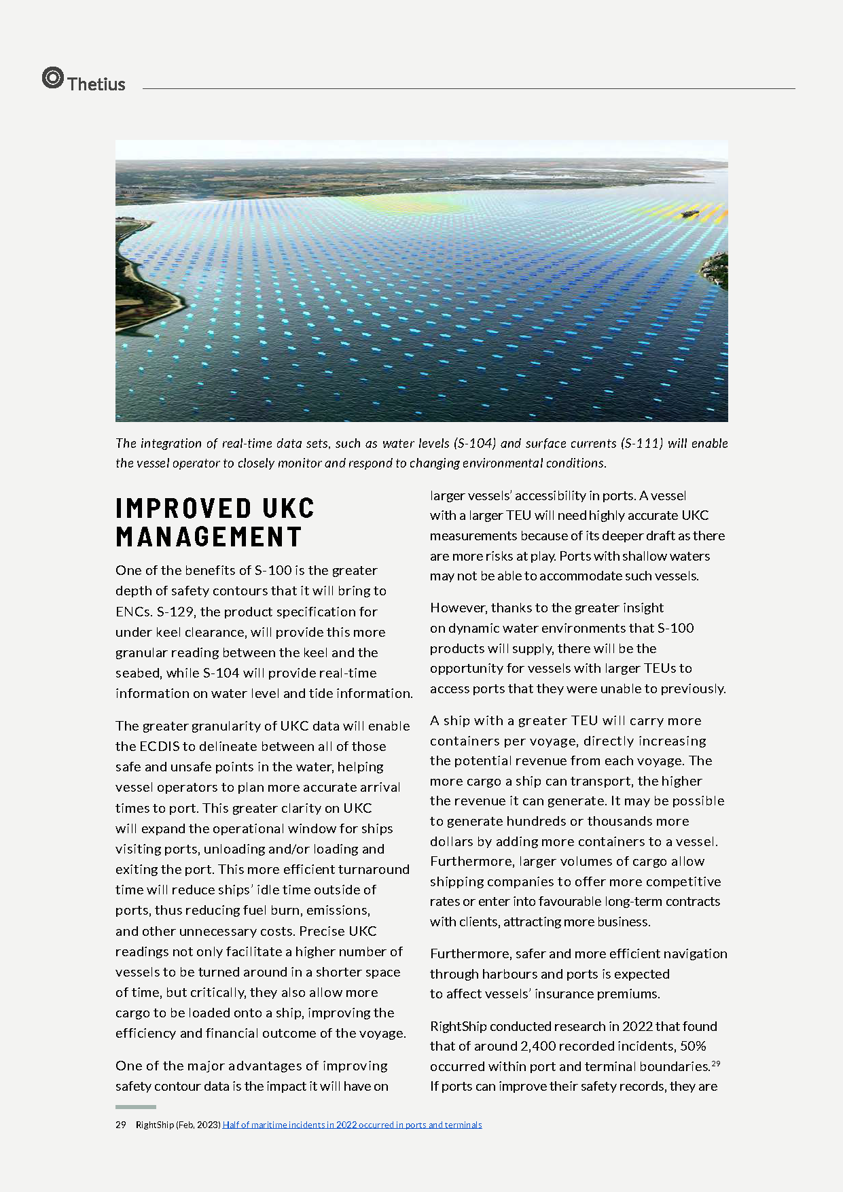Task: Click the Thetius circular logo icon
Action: (52, 77)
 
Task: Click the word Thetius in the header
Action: (96, 84)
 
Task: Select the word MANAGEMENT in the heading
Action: (209, 537)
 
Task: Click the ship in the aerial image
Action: (689, 213)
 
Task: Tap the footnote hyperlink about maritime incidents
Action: (352, 1125)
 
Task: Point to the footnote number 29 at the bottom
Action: (121, 1125)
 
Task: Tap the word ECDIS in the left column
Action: (159, 746)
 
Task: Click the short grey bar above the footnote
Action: (135, 1107)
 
